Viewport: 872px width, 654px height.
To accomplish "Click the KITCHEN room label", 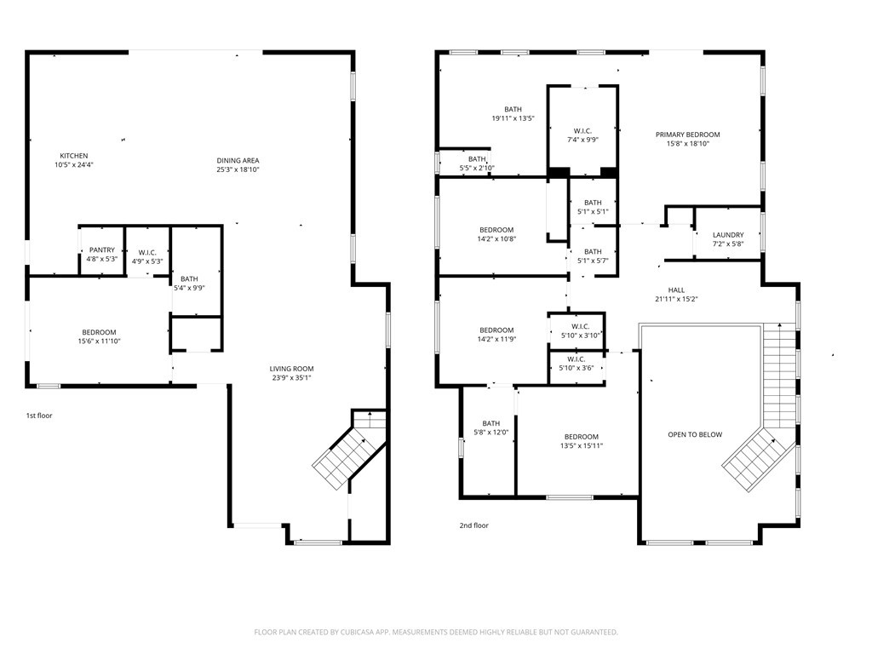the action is coord(74,156).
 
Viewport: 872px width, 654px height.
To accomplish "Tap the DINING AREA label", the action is coord(238,161).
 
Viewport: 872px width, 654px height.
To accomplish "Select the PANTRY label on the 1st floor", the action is coord(102,250).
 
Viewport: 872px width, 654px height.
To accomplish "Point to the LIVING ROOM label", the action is coord(291,369).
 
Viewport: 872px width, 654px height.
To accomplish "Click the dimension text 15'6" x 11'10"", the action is coord(99,341).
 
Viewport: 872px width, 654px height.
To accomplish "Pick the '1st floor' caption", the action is coord(39,416).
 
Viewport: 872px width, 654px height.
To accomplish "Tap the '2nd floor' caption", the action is coord(473,525).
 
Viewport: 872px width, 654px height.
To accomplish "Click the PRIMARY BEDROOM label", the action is coord(688,135).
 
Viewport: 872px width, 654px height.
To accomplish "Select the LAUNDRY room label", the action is coord(728,235).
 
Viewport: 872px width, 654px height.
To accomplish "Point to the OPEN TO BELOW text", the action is coord(695,434).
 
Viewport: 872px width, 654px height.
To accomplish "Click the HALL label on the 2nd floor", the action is coord(676,290).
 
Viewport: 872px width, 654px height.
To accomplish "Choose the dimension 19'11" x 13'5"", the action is coord(513,118).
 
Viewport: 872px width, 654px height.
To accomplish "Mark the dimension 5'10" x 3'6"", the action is coord(577,368).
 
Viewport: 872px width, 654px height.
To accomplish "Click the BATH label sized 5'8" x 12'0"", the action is coord(491,423).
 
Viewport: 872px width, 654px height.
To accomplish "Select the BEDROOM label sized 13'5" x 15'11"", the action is coord(582,437).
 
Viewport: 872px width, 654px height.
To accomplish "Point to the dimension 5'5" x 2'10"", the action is coord(477,168).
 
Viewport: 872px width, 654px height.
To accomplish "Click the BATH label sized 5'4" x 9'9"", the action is coord(189,278).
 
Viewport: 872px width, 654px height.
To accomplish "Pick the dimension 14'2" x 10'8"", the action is coord(496,239).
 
